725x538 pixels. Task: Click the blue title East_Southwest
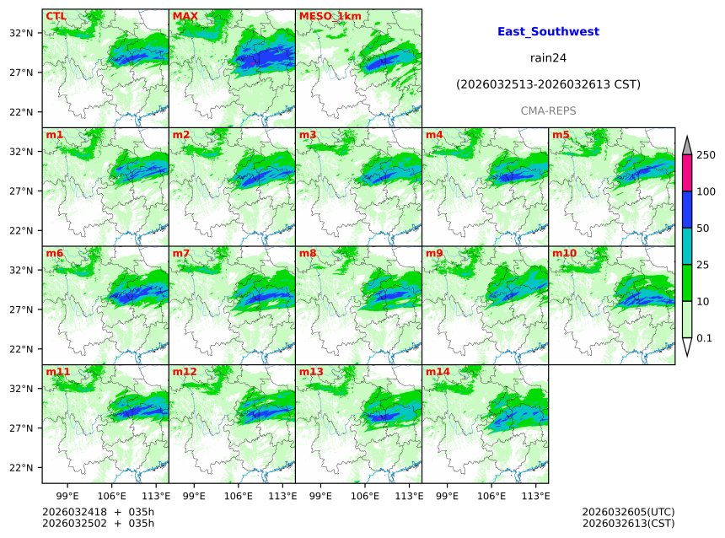tap(548, 31)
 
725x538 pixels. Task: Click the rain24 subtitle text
tap(548, 58)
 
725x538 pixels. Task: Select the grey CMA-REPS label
tap(548, 110)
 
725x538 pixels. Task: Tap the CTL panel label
tap(56, 16)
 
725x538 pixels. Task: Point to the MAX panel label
tap(185, 16)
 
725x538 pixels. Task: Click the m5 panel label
tap(561, 135)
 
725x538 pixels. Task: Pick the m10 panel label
tap(564, 253)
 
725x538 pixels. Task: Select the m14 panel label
tap(438, 372)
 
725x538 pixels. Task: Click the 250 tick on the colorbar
tap(706, 155)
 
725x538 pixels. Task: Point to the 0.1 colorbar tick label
tap(705, 338)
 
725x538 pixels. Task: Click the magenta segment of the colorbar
tap(687, 174)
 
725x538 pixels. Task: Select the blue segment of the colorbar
tap(687, 210)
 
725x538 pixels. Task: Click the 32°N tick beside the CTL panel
tap(20, 33)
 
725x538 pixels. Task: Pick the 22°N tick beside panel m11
tap(20, 468)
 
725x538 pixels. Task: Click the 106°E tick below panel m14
tap(493, 496)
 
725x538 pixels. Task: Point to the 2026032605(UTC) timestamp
tap(628, 512)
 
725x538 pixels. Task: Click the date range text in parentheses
tap(548, 84)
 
